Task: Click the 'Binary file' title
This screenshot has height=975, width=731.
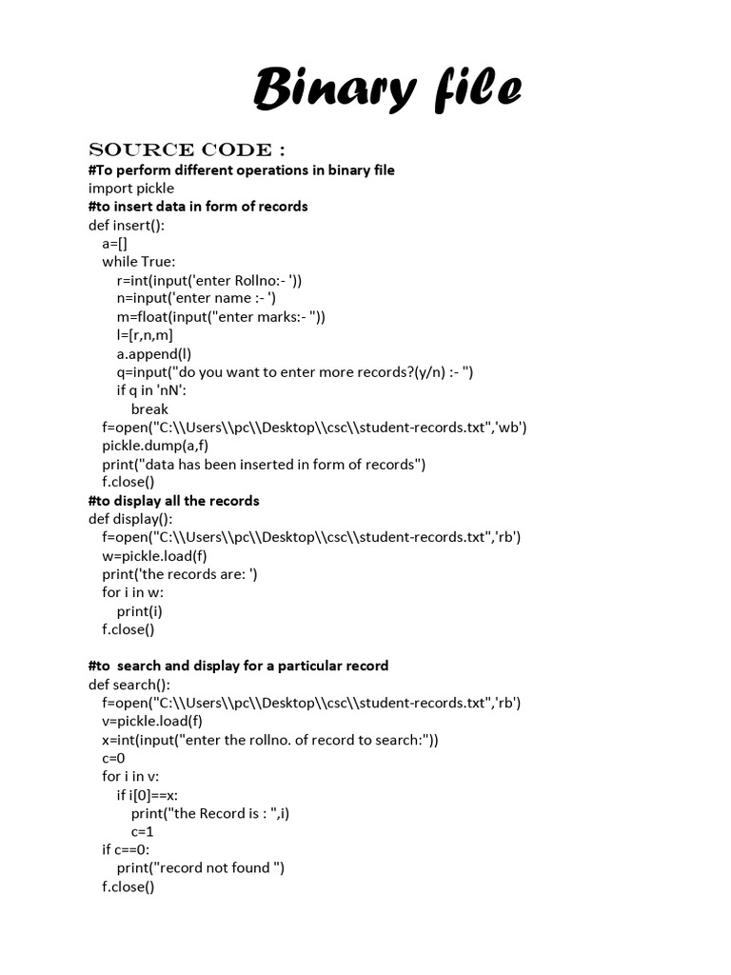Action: pyautogui.click(x=387, y=90)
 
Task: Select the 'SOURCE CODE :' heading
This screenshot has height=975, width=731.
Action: pyautogui.click(x=187, y=150)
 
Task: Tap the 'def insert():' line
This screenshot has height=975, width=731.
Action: pyautogui.click(x=127, y=225)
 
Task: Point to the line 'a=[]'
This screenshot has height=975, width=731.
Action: pyautogui.click(x=115, y=243)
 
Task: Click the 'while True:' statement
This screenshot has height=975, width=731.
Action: pyautogui.click(x=139, y=261)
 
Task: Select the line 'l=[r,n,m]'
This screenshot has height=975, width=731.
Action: pyautogui.click(x=145, y=334)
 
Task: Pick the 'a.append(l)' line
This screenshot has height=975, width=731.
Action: pyautogui.click(x=154, y=353)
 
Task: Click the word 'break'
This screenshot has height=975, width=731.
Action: pyautogui.click(x=149, y=408)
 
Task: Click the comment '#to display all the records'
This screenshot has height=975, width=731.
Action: pyautogui.click(x=173, y=500)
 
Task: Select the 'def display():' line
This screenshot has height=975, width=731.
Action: pyautogui.click(x=130, y=519)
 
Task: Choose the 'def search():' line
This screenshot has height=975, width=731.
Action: pyautogui.click(x=129, y=685)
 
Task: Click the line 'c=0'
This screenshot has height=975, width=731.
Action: pyautogui.click(x=113, y=758)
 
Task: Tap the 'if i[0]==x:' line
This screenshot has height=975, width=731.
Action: pyautogui.click(x=148, y=795)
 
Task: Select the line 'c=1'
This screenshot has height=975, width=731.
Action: pyautogui.click(x=143, y=831)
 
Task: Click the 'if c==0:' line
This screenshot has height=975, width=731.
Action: pyautogui.click(x=126, y=849)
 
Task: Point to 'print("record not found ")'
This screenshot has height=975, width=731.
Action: pyautogui.click(x=201, y=867)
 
